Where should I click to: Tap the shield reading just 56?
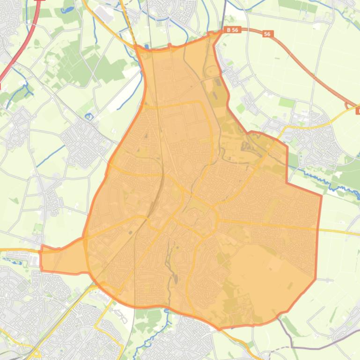pyautogui.click(x=267, y=34)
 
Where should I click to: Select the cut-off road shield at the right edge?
pyautogui.click(x=358, y=111)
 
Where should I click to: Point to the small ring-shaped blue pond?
pyautogui.click(x=89, y=116)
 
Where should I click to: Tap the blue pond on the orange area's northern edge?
pyautogui.click(x=147, y=47)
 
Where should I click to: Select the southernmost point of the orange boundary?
pyautogui.click(x=219, y=329)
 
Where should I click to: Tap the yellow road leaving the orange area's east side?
pyautogui.click(x=339, y=230)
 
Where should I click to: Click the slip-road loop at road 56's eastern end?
pyautogui.click(x=351, y=107)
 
